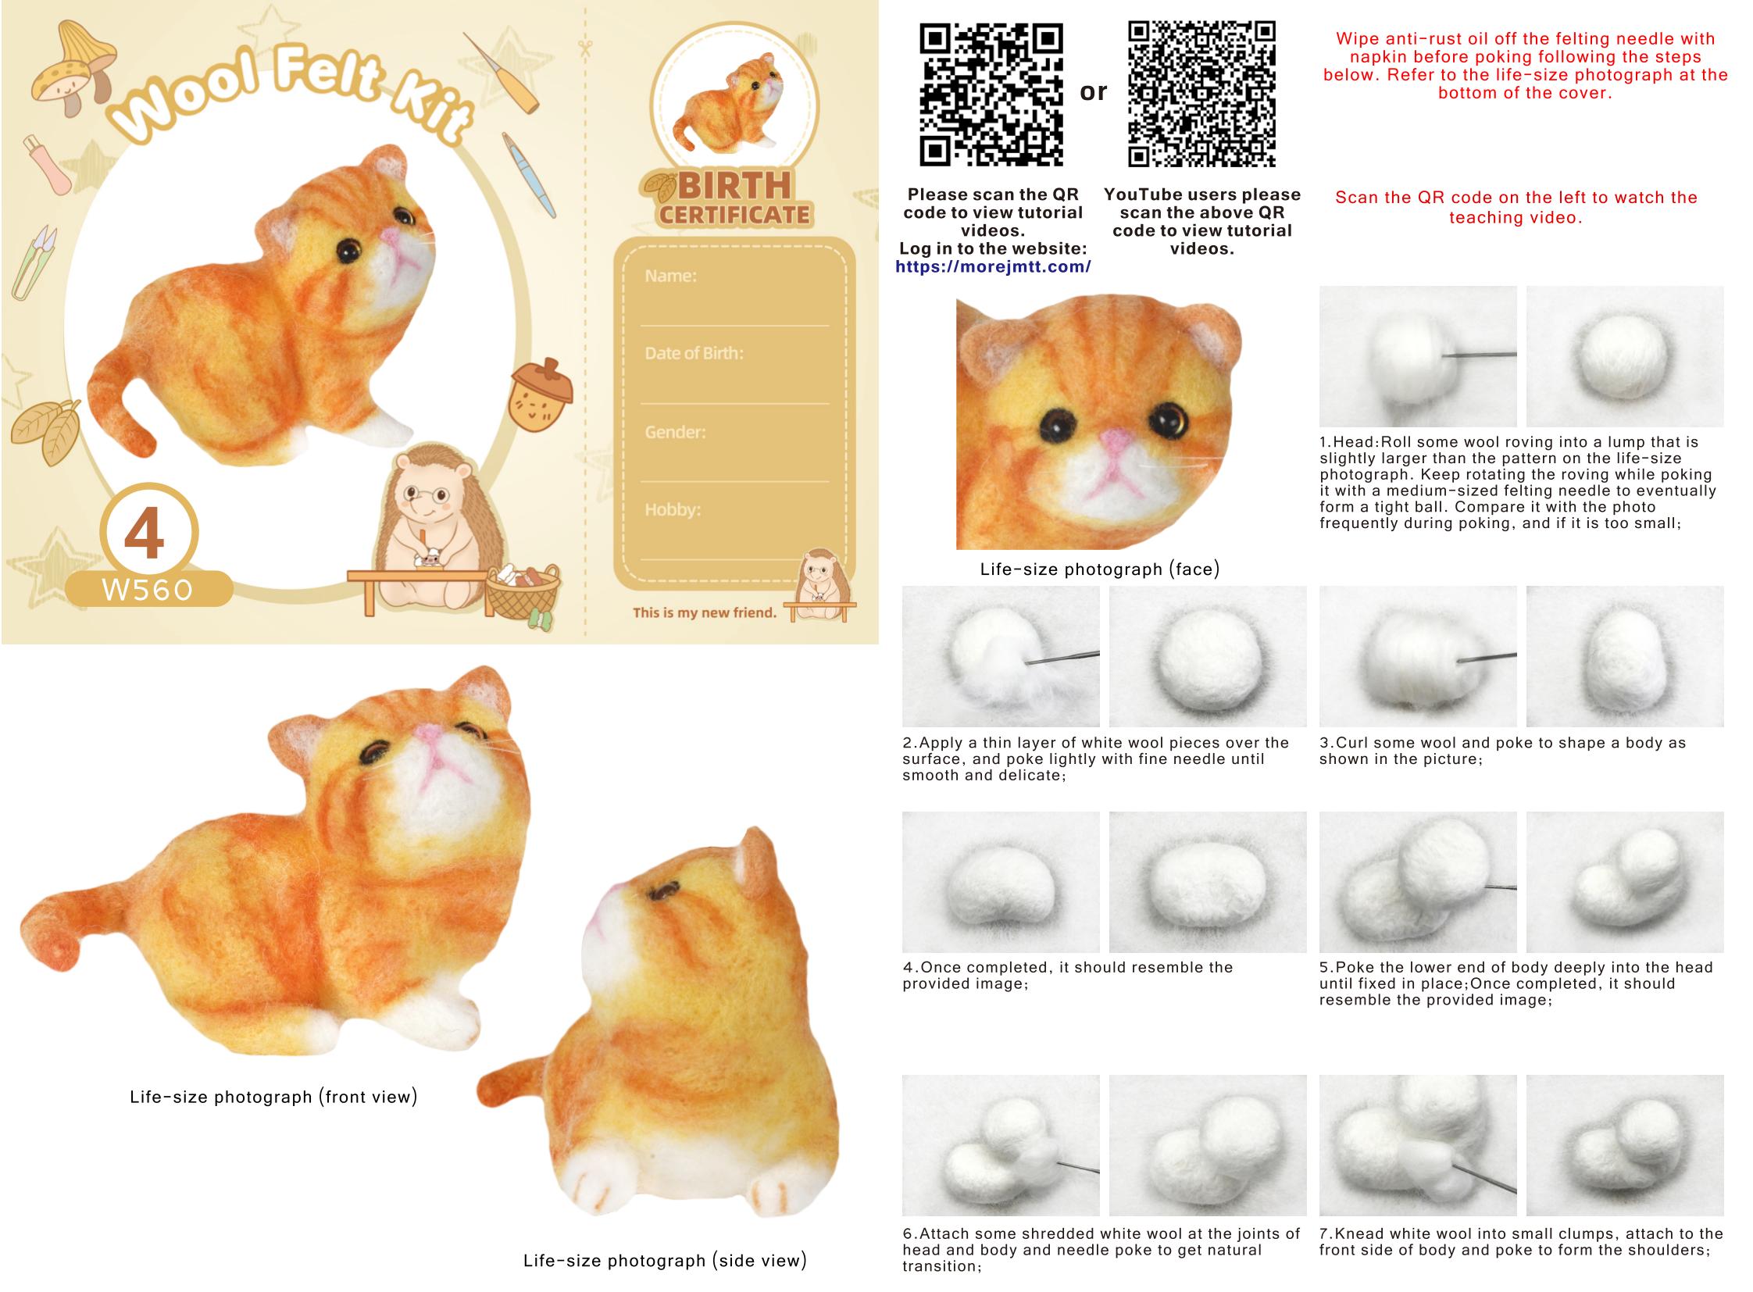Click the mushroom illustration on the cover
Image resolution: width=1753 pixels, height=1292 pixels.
[x=72, y=67]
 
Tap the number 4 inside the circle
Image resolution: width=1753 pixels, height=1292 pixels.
[x=145, y=534]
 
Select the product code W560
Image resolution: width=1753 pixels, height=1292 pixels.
[x=147, y=590]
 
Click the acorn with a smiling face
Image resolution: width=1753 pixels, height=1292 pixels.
[x=541, y=395]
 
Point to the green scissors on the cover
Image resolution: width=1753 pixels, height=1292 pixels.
[x=34, y=262]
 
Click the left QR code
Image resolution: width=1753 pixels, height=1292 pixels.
[x=991, y=95]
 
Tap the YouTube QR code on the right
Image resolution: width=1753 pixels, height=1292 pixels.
[x=1201, y=94]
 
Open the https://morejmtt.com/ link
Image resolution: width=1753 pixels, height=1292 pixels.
[x=993, y=266]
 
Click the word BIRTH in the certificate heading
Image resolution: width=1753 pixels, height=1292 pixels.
[x=734, y=186]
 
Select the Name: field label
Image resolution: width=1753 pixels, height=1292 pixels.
[x=670, y=275]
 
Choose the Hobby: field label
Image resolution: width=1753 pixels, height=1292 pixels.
[x=673, y=509]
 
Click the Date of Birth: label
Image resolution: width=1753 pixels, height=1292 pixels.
[x=694, y=353]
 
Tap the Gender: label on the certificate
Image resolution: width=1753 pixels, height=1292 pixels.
[x=675, y=431]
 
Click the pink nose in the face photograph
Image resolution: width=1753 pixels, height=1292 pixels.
[x=1116, y=441]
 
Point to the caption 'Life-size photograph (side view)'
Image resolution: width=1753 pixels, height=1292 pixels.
[x=665, y=1260]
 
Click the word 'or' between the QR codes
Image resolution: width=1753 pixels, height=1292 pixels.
[x=1094, y=92]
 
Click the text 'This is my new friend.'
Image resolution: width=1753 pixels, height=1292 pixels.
[x=705, y=612]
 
